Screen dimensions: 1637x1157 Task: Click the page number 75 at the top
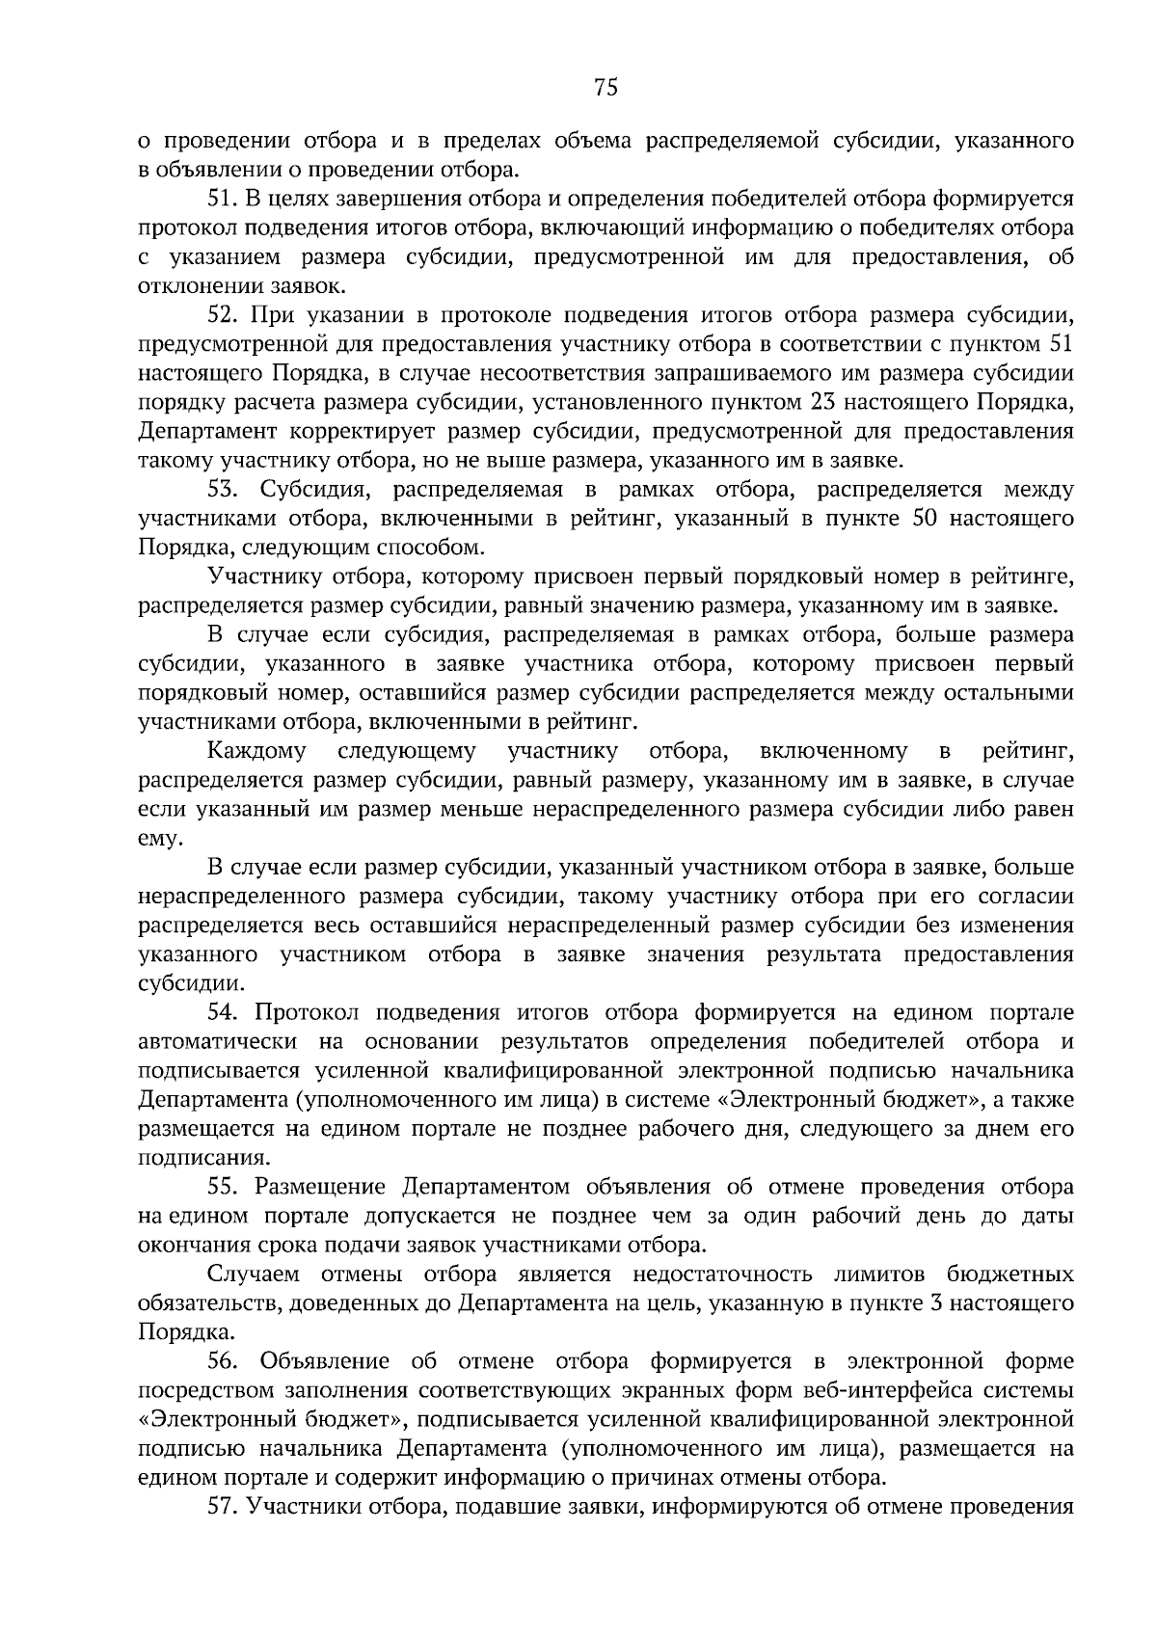(x=605, y=89)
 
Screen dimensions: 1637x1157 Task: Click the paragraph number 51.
(x=223, y=200)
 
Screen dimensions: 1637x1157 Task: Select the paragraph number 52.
(x=223, y=315)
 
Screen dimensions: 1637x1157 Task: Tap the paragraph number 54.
(x=223, y=1012)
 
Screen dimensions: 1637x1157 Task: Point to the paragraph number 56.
(x=223, y=1361)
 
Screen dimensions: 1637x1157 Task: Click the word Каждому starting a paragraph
(x=256, y=751)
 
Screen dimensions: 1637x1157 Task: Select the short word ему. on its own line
(x=159, y=839)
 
